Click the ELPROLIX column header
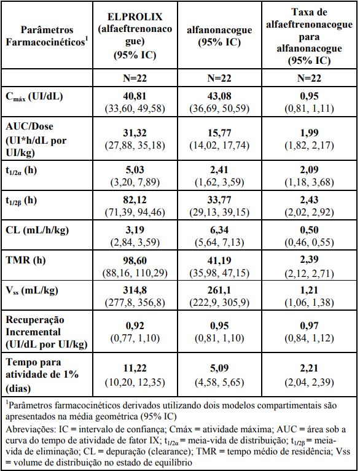click(135, 36)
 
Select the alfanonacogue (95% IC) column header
click(219, 36)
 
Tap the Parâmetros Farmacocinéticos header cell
click(47, 36)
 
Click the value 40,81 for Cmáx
click(135, 96)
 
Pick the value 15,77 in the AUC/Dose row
click(219, 133)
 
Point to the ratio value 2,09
click(309, 169)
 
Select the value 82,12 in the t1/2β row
click(135, 200)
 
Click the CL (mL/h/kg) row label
click(37, 230)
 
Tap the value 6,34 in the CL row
click(219, 230)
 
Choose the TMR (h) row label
click(26, 260)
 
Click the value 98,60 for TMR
click(135, 260)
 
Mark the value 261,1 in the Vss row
click(219, 290)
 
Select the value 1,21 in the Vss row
click(309, 290)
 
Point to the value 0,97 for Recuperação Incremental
click(309, 325)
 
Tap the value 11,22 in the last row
click(135, 368)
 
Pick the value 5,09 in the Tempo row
click(219, 368)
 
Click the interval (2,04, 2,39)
click(309, 382)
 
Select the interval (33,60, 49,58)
click(135, 109)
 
